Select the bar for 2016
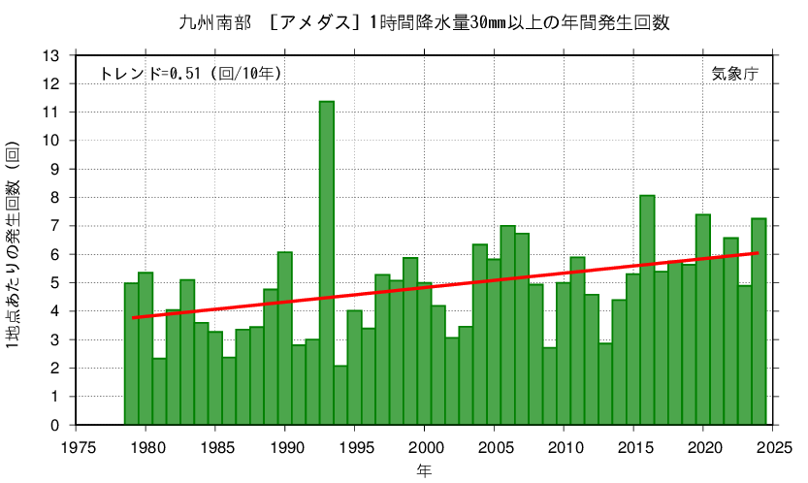click(647, 310)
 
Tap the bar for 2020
click(703, 320)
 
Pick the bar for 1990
click(285, 338)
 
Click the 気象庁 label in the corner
click(733, 73)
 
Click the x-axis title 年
click(424, 470)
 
